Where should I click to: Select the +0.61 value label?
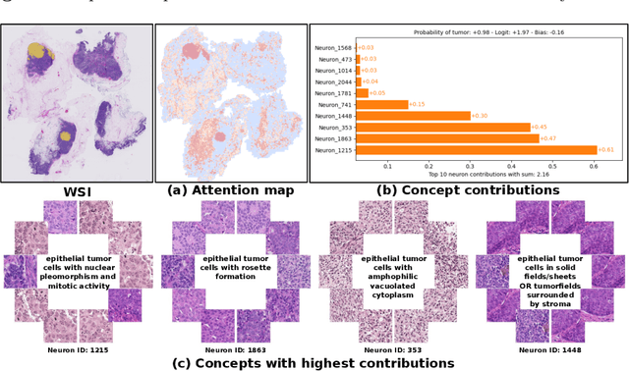click(607, 150)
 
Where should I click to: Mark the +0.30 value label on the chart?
click(480, 116)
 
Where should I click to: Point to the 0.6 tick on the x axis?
click(592, 166)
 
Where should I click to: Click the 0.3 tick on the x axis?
click(472, 166)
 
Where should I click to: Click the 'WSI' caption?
click(78, 192)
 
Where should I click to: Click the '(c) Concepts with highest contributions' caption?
click(314, 363)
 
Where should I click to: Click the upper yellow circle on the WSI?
click(35, 49)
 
